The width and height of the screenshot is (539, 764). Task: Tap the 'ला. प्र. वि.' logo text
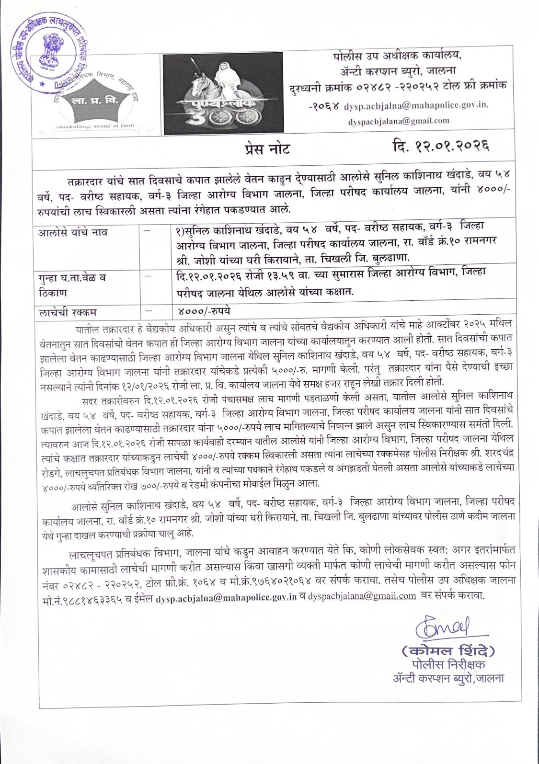(x=96, y=101)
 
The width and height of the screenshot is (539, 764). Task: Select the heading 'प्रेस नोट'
(x=267, y=149)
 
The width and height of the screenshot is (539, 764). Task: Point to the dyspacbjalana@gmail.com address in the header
(x=399, y=121)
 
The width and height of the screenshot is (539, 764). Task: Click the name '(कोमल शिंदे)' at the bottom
(x=447, y=651)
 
